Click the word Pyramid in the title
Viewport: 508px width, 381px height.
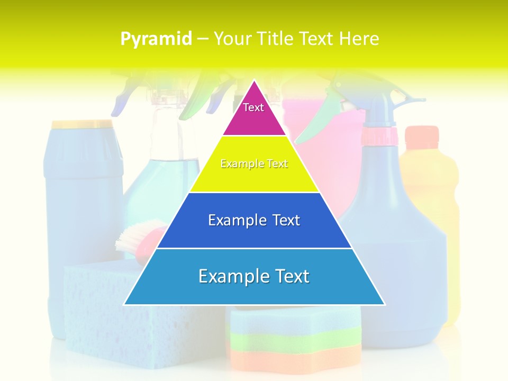156,39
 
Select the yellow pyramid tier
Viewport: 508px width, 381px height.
254,177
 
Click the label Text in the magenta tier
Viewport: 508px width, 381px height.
253,107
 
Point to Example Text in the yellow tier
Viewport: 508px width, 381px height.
254,164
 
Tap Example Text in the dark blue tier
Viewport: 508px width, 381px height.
254,220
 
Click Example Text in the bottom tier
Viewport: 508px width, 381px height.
254,276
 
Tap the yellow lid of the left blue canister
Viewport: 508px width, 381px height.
82,124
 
